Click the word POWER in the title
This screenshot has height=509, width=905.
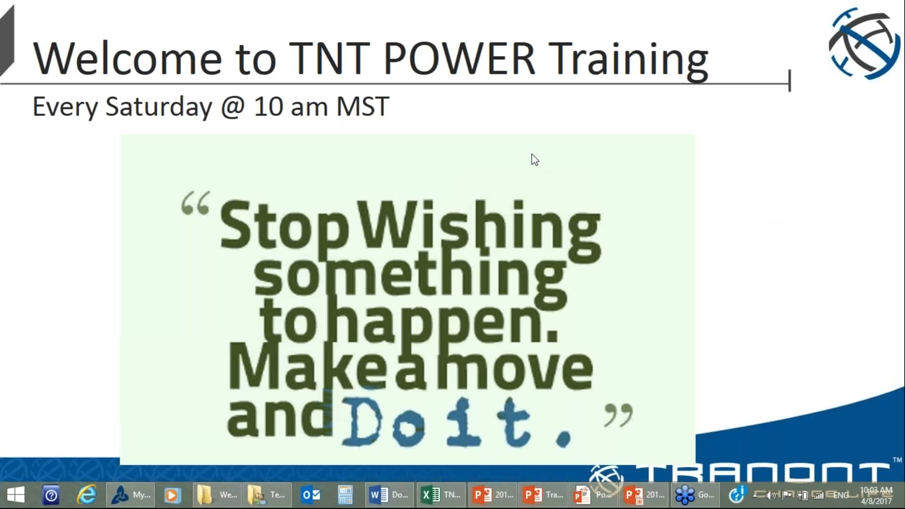460,59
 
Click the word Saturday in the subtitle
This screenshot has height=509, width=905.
159,107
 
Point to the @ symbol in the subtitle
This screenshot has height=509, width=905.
233,107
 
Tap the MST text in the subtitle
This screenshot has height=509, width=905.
362,107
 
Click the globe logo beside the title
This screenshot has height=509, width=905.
864,43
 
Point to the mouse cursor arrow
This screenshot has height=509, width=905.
534,159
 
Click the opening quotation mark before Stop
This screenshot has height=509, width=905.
195,204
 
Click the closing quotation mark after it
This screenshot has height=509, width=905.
618,415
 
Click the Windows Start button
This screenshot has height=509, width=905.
16,495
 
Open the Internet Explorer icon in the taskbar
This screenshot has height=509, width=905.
87,495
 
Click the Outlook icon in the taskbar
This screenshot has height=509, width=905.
311,495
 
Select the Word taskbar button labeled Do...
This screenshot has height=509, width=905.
389,495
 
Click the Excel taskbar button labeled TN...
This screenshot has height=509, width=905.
441,495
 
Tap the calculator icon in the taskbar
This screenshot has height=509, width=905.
345,495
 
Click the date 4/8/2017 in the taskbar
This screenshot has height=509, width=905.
876,501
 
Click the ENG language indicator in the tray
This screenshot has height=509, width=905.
840,495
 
